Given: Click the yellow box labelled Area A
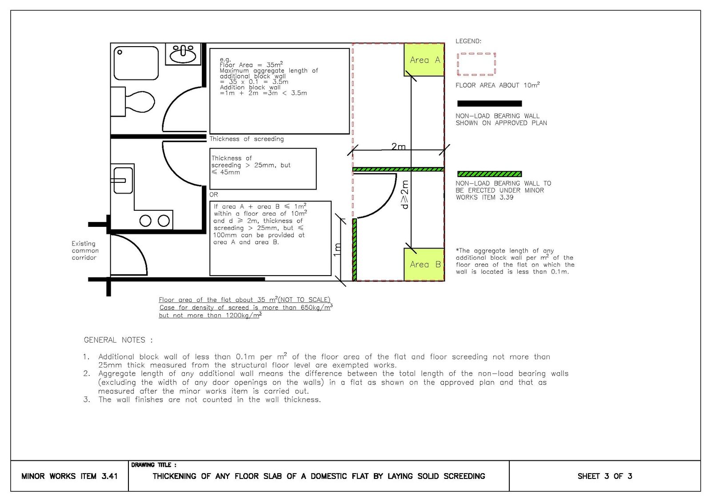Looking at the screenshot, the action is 424,59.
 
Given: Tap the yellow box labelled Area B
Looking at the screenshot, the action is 424,265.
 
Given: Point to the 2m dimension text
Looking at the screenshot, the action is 398,146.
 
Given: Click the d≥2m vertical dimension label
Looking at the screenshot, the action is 405,195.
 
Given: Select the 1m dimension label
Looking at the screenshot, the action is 337,250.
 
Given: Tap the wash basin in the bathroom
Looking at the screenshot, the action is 183,54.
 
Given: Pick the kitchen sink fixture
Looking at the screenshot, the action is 123,180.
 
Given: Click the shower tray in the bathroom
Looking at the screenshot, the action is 136,63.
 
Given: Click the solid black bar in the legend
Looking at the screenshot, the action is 489,103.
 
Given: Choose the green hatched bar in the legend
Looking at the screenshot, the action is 489,174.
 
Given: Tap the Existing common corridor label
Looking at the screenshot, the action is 85,250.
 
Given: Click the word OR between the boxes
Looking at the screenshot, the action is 214,194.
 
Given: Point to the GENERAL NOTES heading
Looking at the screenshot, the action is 118,340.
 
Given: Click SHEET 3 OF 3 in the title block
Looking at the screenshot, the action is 605,476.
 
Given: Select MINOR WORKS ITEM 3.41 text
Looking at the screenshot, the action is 69,476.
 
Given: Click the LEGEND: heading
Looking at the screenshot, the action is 468,41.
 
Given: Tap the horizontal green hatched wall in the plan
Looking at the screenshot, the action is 398,170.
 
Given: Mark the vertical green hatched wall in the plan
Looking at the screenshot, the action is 355,249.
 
